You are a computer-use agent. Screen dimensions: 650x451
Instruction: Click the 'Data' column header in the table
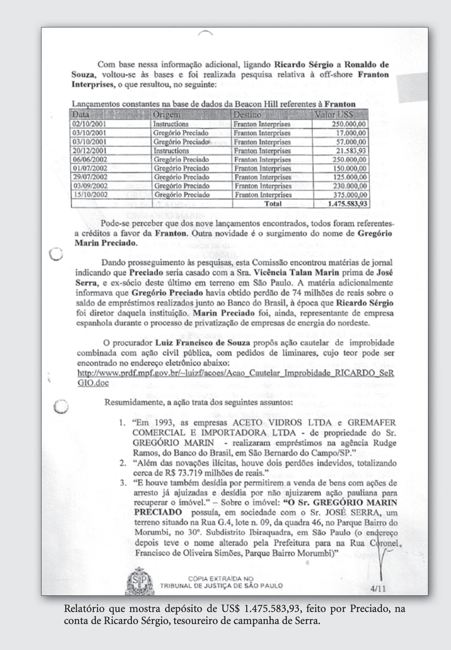click(x=80, y=114)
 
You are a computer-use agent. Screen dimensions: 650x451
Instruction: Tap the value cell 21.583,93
click(x=351, y=151)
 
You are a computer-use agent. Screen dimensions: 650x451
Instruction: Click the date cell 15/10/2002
click(x=89, y=195)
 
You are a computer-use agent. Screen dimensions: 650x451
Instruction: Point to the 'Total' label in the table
click(x=273, y=204)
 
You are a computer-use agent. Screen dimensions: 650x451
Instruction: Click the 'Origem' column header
click(x=167, y=114)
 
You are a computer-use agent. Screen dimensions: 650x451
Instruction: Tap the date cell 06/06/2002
click(x=89, y=159)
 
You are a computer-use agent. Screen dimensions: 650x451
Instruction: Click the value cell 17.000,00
click(x=351, y=133)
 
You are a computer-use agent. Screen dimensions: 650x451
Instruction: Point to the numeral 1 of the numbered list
click(x=122, y=423)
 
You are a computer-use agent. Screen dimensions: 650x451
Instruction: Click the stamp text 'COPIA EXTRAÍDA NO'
click(x=221, y=579)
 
